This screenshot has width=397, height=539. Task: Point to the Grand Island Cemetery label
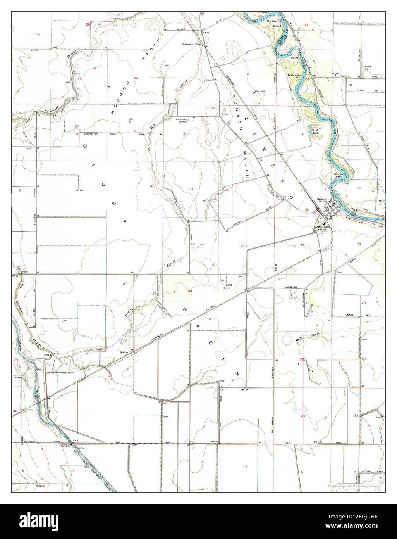pos(182,120)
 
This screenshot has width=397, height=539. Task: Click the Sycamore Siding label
pos(192,45)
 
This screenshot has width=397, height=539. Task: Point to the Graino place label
pos(124,352)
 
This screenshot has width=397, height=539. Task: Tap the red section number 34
pos(136,78)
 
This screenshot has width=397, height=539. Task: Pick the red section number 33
pos(80,79)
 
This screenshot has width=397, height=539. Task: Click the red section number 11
pos(191,188)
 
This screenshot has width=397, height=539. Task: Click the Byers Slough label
pos(312,335)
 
